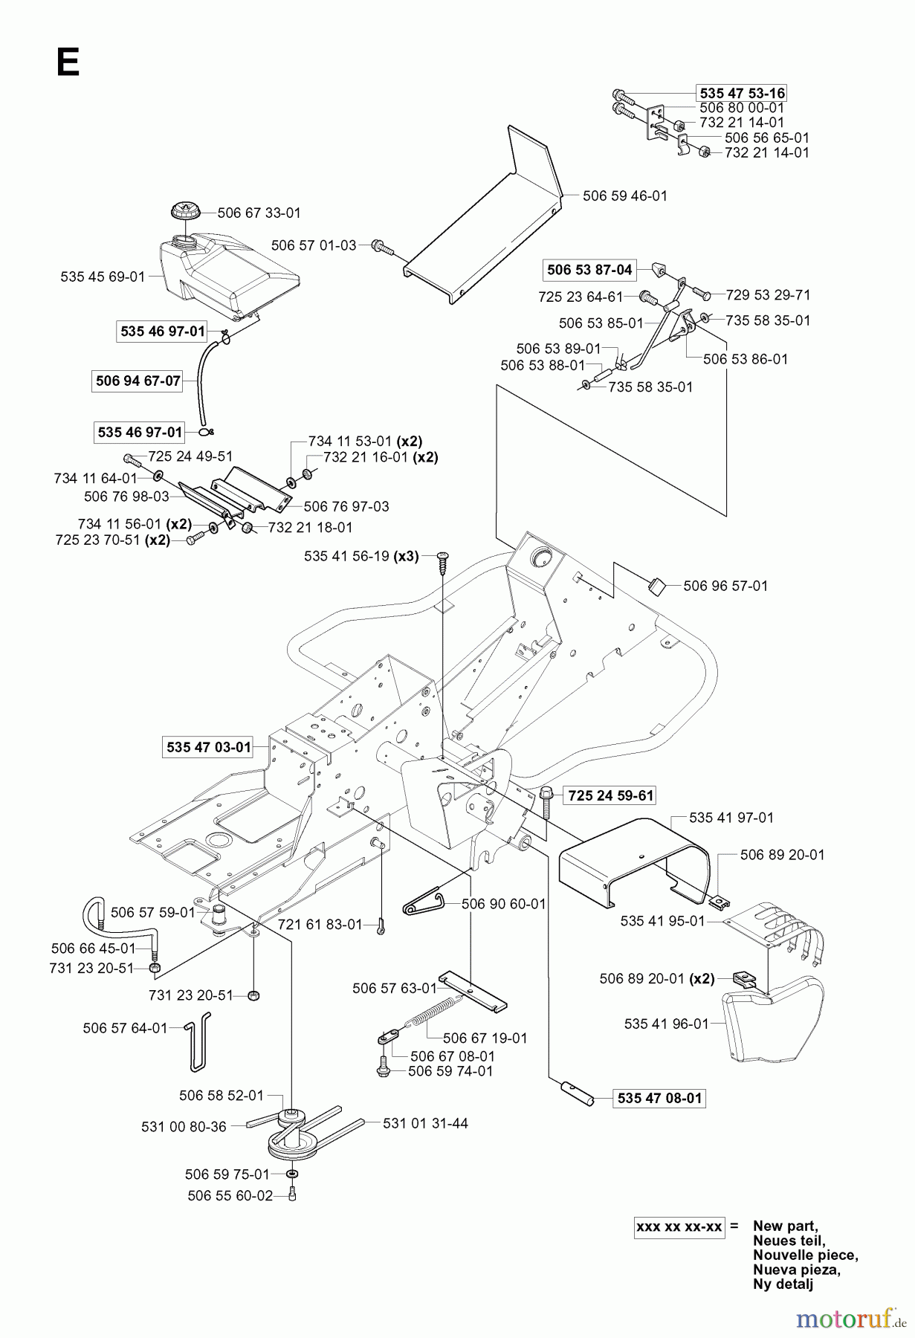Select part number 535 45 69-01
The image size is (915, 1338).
pyautogui.click(x=103, y=277)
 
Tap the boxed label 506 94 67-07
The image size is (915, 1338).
pyautogui.click(x=138, y=381)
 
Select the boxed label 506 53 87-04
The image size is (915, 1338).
pyautogui.click(x=589, y=270)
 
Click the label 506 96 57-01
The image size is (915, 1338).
pyautogui.click(x=725, y=586)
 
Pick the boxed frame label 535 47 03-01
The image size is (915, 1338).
pyautogui.click(x=209, y=747)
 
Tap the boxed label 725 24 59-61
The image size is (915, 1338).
pyautogui.click(x=610, y=796)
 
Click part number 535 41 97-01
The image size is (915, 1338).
pyautogui.click(x=731, y=818)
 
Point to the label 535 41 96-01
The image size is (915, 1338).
pyautogui.click(x=667, y=1024)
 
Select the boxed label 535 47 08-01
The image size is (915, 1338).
pyautogui.click(x=659, y=1097)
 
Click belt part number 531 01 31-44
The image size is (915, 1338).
pyautogui.click(x=425, y=1123)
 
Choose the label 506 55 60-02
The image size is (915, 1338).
pyautogui.click(x=230, y=1195)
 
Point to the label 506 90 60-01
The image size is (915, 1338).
pyautogui.click(x=503, y=904)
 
